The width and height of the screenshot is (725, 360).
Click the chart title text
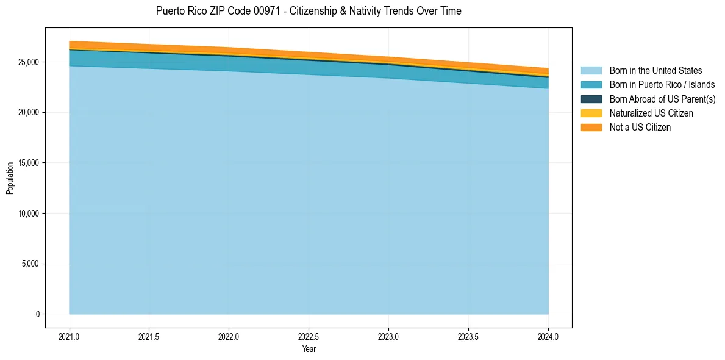[x=309, y=11]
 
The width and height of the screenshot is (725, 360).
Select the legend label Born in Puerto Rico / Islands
[x=662, y=85]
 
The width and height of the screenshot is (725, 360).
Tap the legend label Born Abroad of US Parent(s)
[x=662, y=99]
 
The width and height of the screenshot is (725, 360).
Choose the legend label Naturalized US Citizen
[x=651, y=113]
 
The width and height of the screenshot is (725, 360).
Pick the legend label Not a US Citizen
[x=640, y=127]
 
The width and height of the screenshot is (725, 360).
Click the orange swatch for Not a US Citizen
[x=591, y=127]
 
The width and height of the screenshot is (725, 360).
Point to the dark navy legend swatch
[x=591, y=99]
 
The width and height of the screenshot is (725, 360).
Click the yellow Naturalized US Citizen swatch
[x=591, y=113]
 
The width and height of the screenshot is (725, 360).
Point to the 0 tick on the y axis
[x=38, y=314]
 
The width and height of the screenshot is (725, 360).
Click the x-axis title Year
[x=309, y=350]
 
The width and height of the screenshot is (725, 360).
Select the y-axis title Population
[x=10, y=178]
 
